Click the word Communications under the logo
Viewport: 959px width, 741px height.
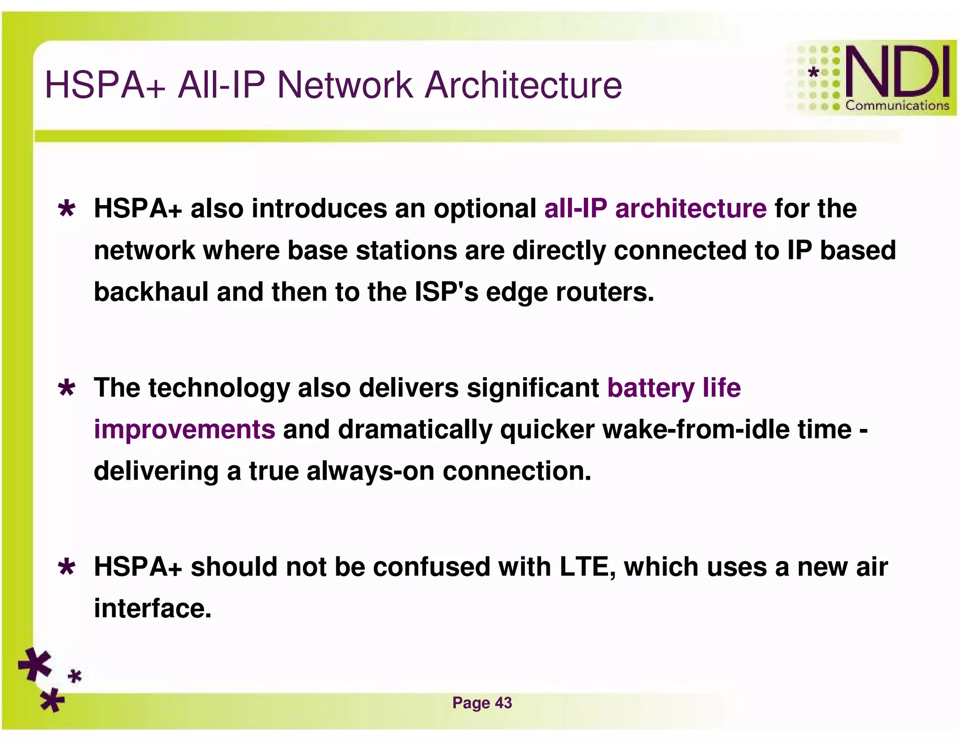coord(897,106)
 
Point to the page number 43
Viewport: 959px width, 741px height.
coord(503,703)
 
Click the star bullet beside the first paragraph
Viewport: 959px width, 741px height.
coord(67,209)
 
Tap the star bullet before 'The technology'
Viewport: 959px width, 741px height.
coord(67,388)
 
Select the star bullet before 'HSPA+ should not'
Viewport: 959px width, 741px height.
coord(67,568)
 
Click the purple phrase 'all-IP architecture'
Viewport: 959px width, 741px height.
coord(655,208)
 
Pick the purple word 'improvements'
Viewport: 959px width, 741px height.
coord(184,430)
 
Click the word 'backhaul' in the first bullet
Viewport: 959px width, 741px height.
coord(151,292)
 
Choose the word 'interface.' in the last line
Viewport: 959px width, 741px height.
coord(153,608)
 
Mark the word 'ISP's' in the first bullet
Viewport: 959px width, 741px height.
coord(446,292)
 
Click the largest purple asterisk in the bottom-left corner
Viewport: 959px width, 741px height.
coord(35,664)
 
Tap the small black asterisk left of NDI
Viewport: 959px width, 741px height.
coord(814,72)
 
